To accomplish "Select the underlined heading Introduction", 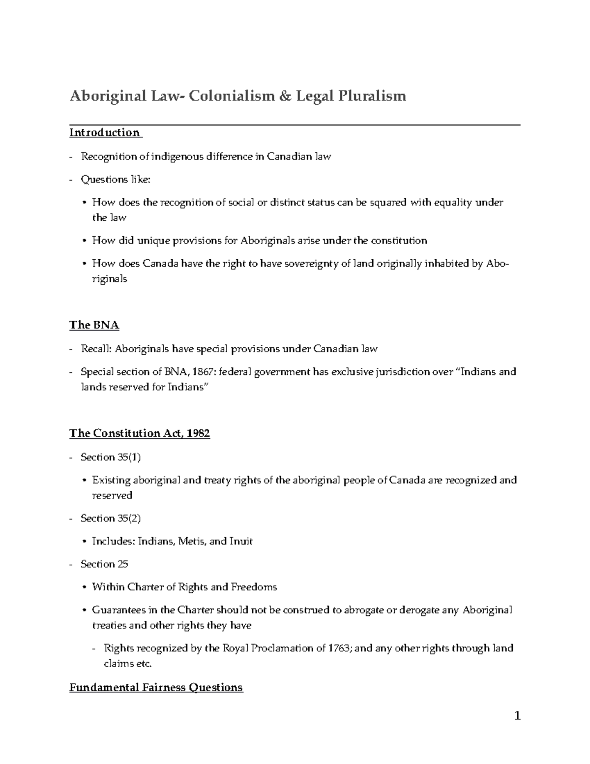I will point(105,132).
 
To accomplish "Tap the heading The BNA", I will point(94,325).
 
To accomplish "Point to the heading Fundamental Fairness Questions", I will point(156,687).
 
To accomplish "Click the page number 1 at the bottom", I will point(517,716).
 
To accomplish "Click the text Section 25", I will point(104,564).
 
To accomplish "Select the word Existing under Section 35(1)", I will point(111,480).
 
